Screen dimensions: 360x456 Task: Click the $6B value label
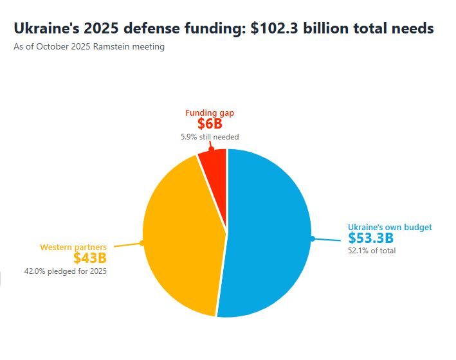click(x=210, y=124)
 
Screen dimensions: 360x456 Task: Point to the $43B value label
click(x=89, y=258)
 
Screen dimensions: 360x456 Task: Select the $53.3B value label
click(x=370, y=239)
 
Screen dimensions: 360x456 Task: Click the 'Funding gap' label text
click(x=210, y=113)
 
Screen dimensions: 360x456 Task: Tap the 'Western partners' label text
click(x=73, y=247)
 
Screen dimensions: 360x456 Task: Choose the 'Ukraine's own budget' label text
click(x=390, y=227)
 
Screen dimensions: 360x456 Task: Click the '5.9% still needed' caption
click(x=210, y=136)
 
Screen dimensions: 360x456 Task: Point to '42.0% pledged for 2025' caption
click(x=66, y=271)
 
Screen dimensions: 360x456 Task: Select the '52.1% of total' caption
click(x=372, y=251)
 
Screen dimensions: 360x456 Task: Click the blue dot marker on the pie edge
click(x=312, y=239)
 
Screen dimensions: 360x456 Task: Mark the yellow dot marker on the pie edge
click(x=141, y=243)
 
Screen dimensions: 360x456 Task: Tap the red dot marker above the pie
click(x=211, y=149)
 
